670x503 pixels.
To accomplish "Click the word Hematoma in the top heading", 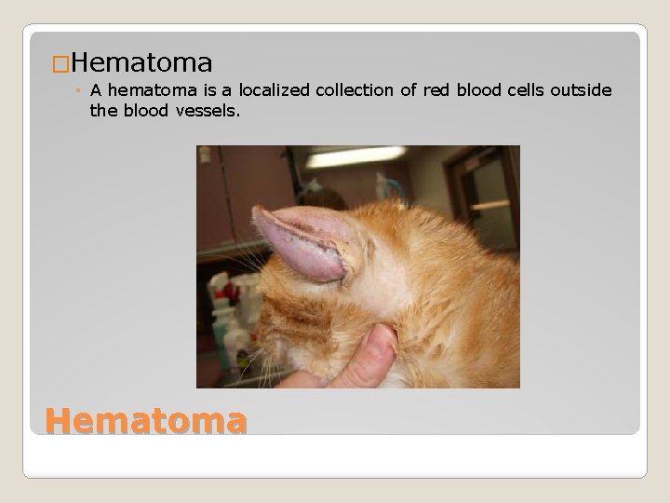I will click(x=141, y=62).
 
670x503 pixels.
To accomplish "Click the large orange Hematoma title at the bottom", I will click(x=146, y=421).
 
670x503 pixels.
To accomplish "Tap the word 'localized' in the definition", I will click(x=275, y=90).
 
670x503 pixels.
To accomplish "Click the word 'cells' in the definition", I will click(x=522, y=90).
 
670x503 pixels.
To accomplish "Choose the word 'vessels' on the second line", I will click(x=207, y=110).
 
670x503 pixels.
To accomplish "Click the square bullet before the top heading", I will click(x=60, y=64).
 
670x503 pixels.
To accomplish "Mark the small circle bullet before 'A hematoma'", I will click(x=80, y=91).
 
